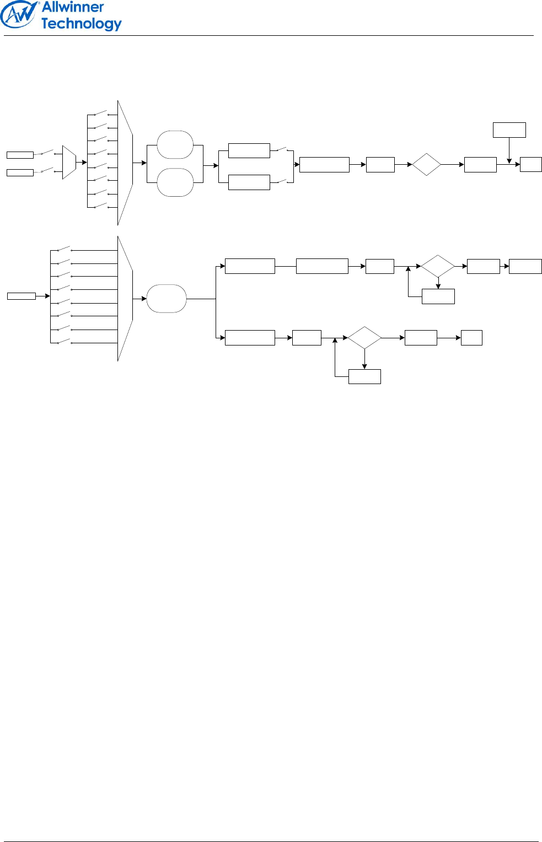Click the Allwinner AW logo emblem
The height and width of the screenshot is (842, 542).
pyautogui.click(x=19, y=15)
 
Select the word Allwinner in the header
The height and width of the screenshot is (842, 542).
pyautogui.click(x=73, y=7)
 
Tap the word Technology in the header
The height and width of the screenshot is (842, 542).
pyautogui.click(x=81, y=24)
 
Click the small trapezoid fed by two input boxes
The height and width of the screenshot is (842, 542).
pyautogui.click(x=69, y=163)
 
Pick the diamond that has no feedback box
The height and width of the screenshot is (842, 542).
pyautogui.click(x=426, y=164)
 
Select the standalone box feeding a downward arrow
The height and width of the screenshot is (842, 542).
pyautogui.click(x=509, y=130)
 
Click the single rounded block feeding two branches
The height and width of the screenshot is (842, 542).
pyautogui.click(x=167, y=299)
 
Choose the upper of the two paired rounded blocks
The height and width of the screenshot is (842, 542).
pyautogui.click(x=175, y=145)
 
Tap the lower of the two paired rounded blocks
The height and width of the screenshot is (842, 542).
pyautogui.click(x=175, y=182)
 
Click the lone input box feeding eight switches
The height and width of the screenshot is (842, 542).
pyautogui.click(x=22, y=296)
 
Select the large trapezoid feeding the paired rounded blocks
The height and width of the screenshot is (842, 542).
pyautogui.click(x=125, y=163)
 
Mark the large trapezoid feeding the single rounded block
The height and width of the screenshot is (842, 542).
pyautogui.click(x=125, y=299)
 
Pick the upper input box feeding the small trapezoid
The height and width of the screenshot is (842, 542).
pyautogui.click(x=20, y=155)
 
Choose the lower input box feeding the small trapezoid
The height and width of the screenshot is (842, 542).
pyautogui.click(x=20, y=172)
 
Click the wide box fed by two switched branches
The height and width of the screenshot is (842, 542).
pyautogui.click(x=324, y=165)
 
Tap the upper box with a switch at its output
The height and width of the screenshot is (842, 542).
pyautogui.click(x=249, y=150)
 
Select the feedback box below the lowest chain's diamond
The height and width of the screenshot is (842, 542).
pyautogui.click(x=364, y=376)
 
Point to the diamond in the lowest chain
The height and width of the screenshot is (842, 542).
pyautogui.click(x=364, y=338)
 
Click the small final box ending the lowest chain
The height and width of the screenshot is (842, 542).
pyautogui.click(x=471, y=338)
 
